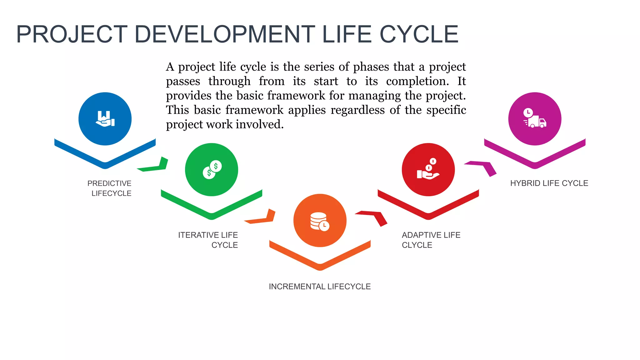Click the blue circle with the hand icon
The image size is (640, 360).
click(105, 119)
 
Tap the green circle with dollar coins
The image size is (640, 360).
click(212, 170)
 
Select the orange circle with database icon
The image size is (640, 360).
click(320, 221)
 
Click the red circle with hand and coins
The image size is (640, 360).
click(428, 170)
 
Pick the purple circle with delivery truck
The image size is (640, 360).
click(535, 119)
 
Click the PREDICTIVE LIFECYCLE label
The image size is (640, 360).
click(110, 188)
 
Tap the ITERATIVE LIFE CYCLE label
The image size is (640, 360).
click(208, 240)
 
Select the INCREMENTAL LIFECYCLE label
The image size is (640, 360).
click(320, 287)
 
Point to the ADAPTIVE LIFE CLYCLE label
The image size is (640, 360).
click(431, 240)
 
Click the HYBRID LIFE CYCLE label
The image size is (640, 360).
click(549, 183)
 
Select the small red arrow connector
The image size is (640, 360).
click(373, 217)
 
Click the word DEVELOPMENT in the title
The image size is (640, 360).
click(225, 34)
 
